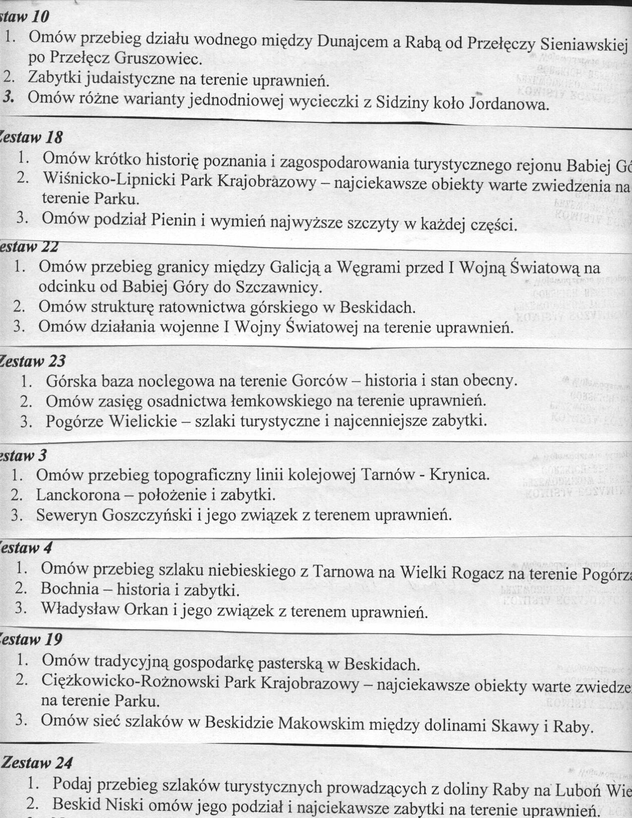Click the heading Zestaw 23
[33, 361]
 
